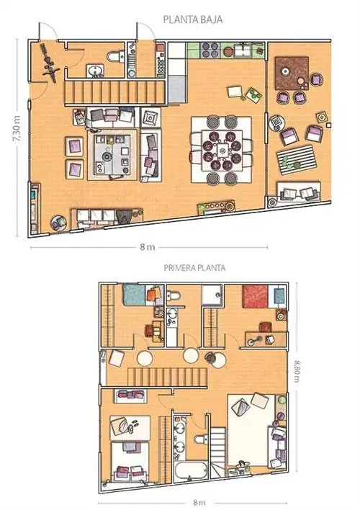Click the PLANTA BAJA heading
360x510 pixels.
[x=193, y=19]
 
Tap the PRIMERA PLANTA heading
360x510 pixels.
[x=194, y=268]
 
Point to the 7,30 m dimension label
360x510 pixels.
[x=17, y=128]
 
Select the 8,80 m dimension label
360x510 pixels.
[x=297, y=370]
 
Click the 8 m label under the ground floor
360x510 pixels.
[x=148, y=247]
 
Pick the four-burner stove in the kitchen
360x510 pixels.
[x=210, y=50]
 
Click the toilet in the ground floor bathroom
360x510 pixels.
[x=116, y=57]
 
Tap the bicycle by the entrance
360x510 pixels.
[x=49, y=61]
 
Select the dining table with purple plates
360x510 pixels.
[x=222, y=151]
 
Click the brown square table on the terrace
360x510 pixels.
[x=292, y=73]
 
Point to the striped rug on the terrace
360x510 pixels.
[x=296, y=160]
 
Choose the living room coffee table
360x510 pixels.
[x=112, y=154]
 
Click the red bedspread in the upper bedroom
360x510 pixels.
[x=256, y=296]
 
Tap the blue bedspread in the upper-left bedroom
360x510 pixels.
[x=134, y=295]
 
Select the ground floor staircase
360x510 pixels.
[x=114, y=92]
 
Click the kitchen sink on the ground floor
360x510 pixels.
[x=243, y=50]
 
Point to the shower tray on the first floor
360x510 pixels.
[x=212, y=295]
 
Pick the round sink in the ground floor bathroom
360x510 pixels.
[x=95, y=71]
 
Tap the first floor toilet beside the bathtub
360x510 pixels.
[x=201, y=439]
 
